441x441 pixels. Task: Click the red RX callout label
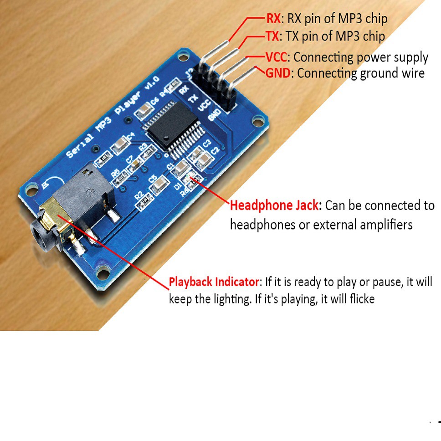pos(273,19)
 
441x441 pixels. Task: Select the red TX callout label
pos(272,36)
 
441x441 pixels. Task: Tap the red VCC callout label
pos(277,57)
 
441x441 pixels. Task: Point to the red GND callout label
pos(277,73)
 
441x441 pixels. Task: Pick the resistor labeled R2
pos(145,200)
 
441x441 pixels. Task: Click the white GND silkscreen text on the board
pos(214,116)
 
